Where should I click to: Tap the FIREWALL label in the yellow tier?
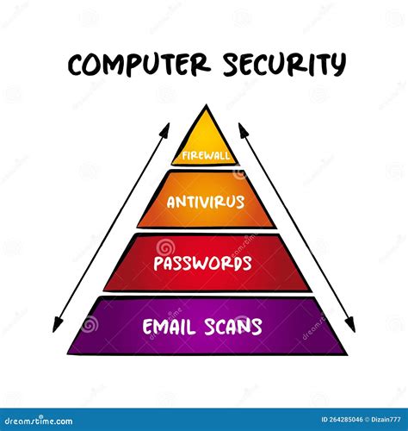coord(206,156)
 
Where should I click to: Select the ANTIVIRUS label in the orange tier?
coord(206,202)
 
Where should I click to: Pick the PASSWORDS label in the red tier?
coord(202,263)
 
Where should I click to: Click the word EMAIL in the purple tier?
coord(168,327)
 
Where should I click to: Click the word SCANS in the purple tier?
coord(232,327)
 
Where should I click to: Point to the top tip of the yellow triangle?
coord(206,104)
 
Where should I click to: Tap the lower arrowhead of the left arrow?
coord(57,325)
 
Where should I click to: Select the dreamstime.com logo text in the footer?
coord(39,421)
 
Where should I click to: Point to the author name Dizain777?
coord(386,420)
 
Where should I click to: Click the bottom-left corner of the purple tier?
coord(68,353)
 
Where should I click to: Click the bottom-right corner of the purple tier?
coord(347,354)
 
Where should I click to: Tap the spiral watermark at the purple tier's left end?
coord(90,324)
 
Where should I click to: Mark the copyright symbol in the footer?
coord(367,420)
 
